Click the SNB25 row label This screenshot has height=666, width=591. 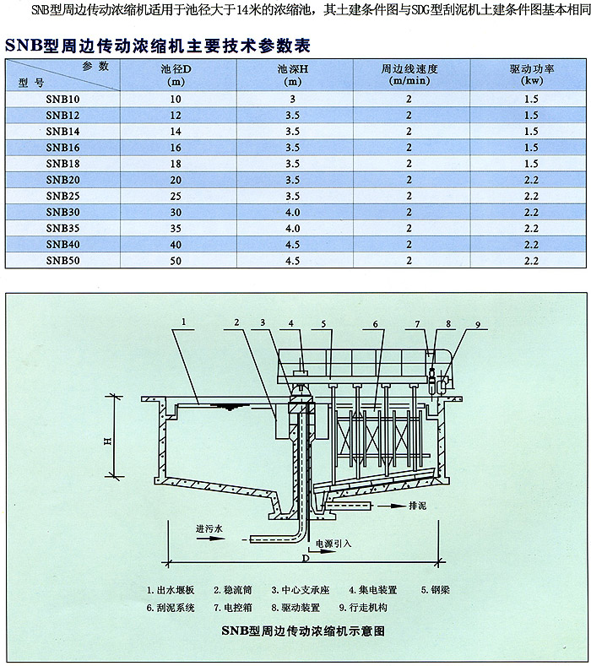tap(62, 196)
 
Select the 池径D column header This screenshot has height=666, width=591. tap(176, 75)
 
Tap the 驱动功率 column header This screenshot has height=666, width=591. tap(532, 74)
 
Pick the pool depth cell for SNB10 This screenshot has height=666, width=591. tap(293, 100)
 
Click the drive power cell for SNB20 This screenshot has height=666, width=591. tap(531, 180)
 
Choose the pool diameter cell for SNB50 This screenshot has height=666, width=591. tap(176, 261)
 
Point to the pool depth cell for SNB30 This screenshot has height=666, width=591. tap(293, 213)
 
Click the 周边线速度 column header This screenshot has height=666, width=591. tap(409, 74)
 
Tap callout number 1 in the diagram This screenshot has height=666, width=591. tap(184, 322)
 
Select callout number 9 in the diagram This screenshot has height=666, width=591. tap(478, 325)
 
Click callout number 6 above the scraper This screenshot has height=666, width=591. tap(375, 324)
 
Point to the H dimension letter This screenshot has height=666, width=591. tap(108, 441)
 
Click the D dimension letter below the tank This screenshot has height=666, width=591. tap(306, 559)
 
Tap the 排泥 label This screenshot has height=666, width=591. tap(417, 506)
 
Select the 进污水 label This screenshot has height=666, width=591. tap(209, 528)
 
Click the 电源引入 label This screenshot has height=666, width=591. tap(333, 544)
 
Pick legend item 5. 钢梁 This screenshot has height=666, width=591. tap(435, 590)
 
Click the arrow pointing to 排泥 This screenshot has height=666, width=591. tap(392, 506)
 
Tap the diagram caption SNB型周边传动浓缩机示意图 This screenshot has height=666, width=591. tap(303, 631)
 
